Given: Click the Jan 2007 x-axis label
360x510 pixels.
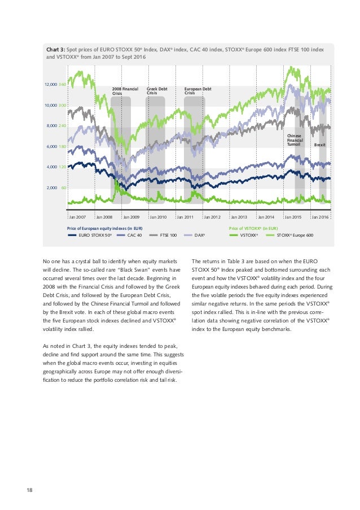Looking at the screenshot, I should pos(78,217).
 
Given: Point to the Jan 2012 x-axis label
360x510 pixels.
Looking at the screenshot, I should pos(212,217).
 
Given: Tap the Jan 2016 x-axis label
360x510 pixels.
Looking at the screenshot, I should pos(320,217).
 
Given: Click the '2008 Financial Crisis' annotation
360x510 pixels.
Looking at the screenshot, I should pos(125,91).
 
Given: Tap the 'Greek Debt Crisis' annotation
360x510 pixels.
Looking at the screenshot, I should pos(156,91).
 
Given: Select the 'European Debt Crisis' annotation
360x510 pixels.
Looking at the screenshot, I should pos(198,91).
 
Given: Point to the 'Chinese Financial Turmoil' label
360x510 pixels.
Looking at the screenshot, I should pos(295,140).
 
